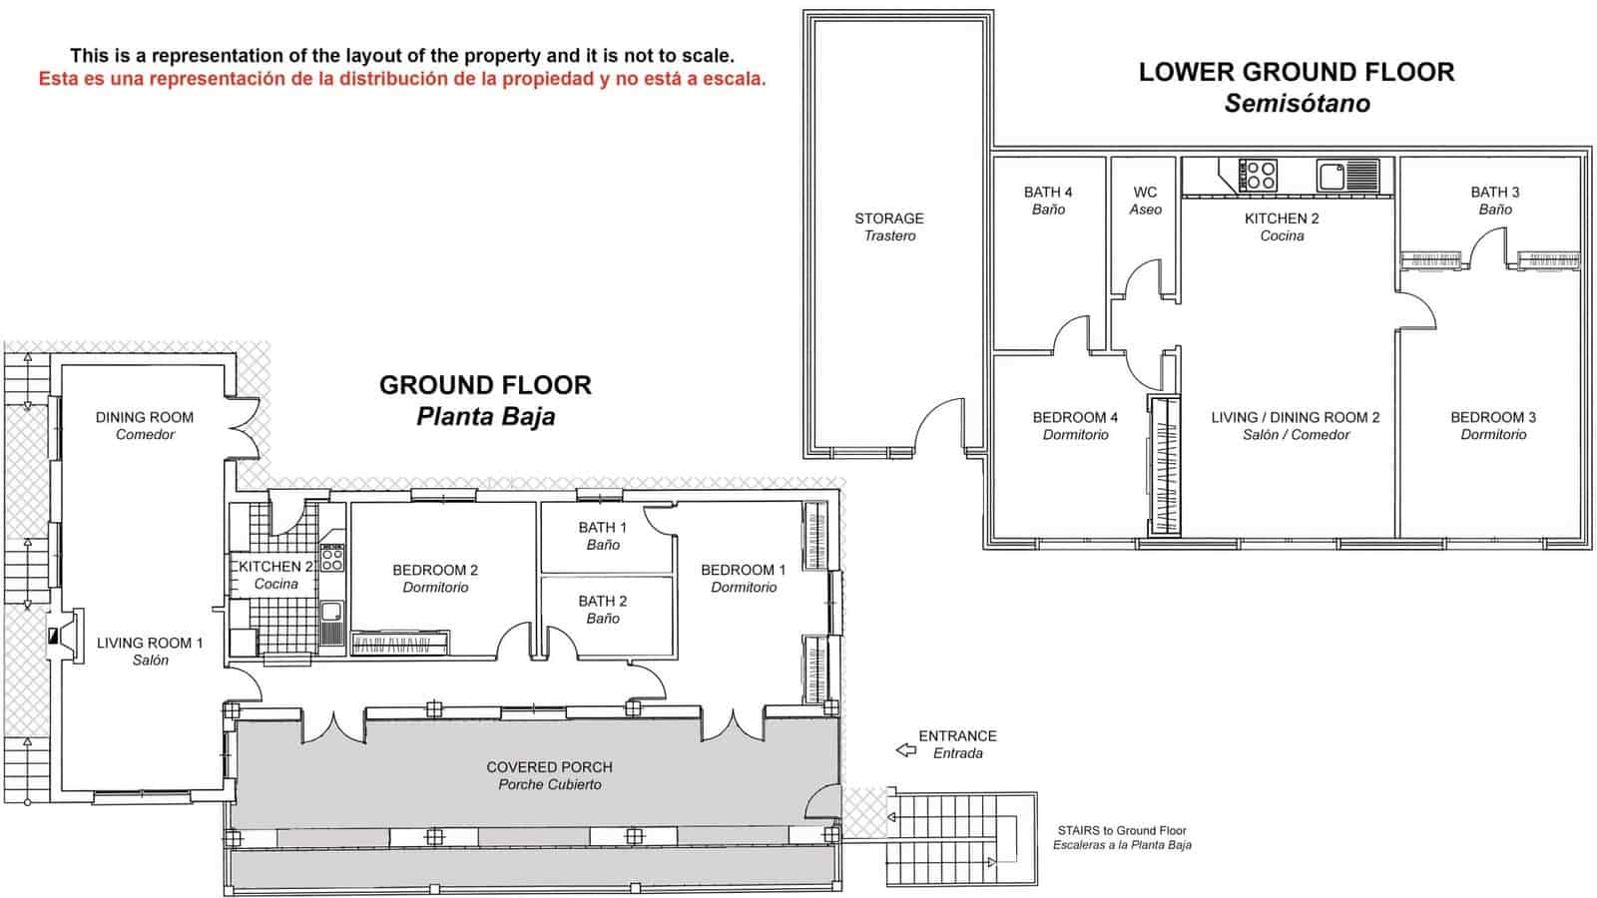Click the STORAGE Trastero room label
[x=888, y=226]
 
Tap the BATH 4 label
[x=1047, y=201]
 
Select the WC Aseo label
[x=1145, y=201]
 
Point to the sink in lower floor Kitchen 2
[x=1333, y=177]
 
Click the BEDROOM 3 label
[x=1492, y=425]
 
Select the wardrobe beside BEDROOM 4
[x=1163, y=466]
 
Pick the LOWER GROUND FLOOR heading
[x=1296, y=73]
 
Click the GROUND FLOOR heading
[x=485, y=385]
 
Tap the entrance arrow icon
[x=905, y=749]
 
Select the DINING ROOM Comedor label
[x=145, y=425]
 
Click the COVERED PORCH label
[x=549, y=775]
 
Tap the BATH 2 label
[x=602, y=609]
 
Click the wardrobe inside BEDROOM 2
[x=399, y=645]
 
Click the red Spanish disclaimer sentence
[x=402, y=79]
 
